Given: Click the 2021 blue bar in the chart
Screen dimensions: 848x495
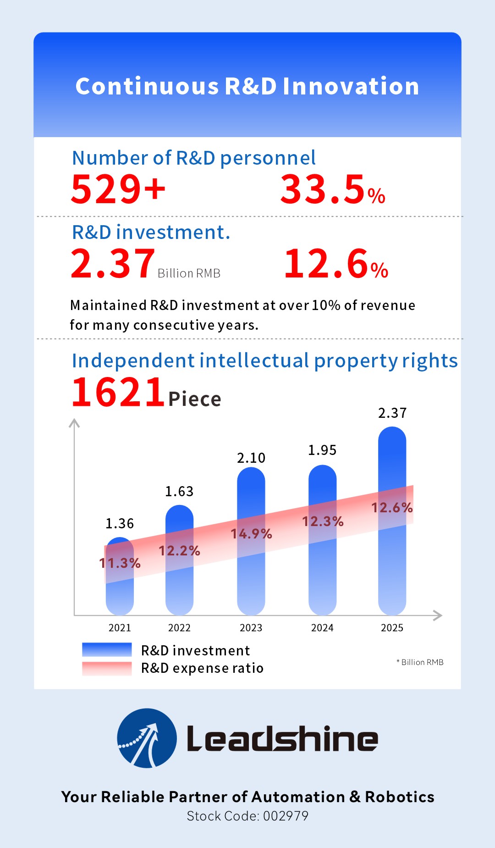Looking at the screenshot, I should click(x=120, y=592).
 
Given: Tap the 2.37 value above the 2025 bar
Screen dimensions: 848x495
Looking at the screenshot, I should click(x=392, y=413).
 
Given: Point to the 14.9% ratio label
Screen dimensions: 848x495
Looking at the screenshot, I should click(x=251, y=534).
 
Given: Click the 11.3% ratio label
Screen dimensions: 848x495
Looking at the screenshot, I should click(x=120, y=563).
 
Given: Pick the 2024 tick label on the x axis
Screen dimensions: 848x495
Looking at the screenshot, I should click(x=322, y=628).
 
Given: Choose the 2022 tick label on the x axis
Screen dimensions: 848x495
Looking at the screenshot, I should click(x=179, y=628).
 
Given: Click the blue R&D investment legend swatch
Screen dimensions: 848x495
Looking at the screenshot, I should click(x=107, y=649).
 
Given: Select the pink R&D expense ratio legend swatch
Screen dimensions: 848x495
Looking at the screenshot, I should click(x=107, y=668).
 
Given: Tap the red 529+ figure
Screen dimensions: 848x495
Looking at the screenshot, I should click(x=118, y=189).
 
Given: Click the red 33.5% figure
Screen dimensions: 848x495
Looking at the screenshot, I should click(x=332, y=189).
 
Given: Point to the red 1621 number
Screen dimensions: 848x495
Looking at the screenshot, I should click(x=118, y=393).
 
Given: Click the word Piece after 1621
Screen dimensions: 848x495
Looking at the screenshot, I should click(x=195, y=399).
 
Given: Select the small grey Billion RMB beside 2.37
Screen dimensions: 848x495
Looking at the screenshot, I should click(x=189, y=273).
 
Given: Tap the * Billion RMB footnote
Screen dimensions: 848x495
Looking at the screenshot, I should click(x=420, y=662).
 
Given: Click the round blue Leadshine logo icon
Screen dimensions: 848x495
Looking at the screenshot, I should click(x=147, y=738).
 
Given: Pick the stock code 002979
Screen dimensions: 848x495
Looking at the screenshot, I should click(x=286, y=816).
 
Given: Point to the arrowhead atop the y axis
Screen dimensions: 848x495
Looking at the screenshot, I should click(x=74, y=422).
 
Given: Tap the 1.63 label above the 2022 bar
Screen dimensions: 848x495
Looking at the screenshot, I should click(x=179, y=492).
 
